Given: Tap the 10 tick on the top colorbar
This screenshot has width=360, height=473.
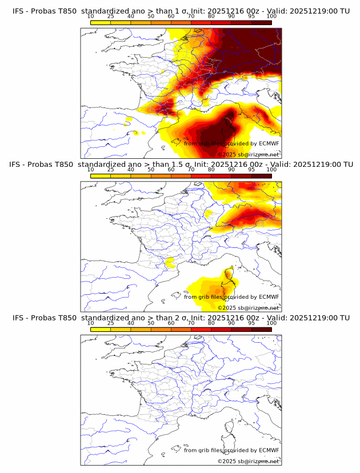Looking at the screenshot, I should (91, 17).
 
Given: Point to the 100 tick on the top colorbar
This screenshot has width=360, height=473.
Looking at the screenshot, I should (271, 17).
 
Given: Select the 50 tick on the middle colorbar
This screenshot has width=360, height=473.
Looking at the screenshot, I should (151, 170).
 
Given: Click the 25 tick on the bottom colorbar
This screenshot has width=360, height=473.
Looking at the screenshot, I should (111, 323).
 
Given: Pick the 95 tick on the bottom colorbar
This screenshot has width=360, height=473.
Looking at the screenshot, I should (251, 323).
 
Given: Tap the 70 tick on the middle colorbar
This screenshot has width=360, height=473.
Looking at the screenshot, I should (191, 170).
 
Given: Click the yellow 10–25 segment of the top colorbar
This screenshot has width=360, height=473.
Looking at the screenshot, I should (101, 22).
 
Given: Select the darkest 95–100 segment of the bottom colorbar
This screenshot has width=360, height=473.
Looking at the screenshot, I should (262, 329).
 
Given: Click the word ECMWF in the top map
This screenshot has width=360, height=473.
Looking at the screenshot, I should (269, 144).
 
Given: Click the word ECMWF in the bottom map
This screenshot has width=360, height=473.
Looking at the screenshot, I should (269, 450).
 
